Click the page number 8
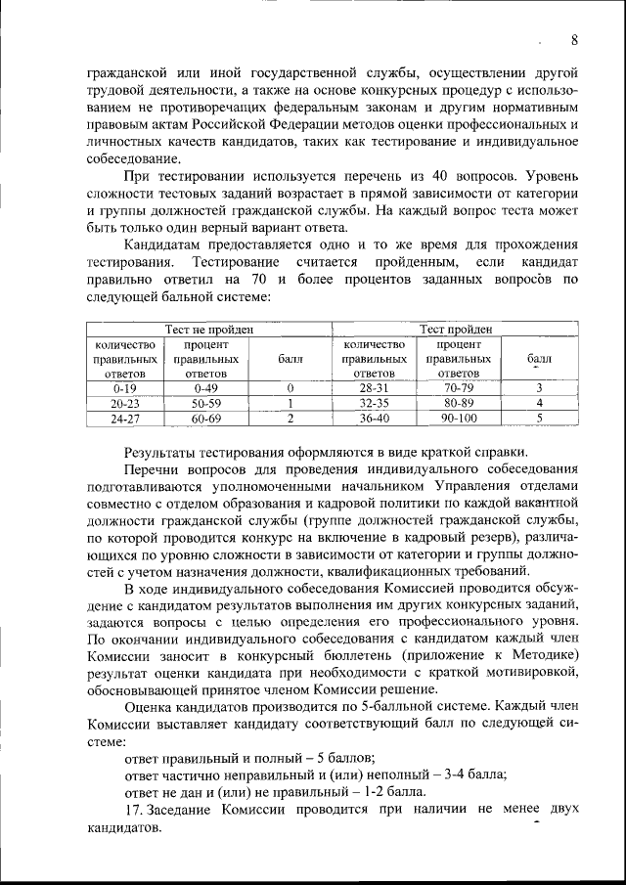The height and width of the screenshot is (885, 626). (574, 39)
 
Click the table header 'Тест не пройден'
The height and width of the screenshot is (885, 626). (207, 330)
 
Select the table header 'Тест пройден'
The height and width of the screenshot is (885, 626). (456, 330)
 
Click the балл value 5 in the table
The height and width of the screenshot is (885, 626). (539, 418)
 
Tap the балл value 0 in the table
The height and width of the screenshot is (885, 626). (291, 387)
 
